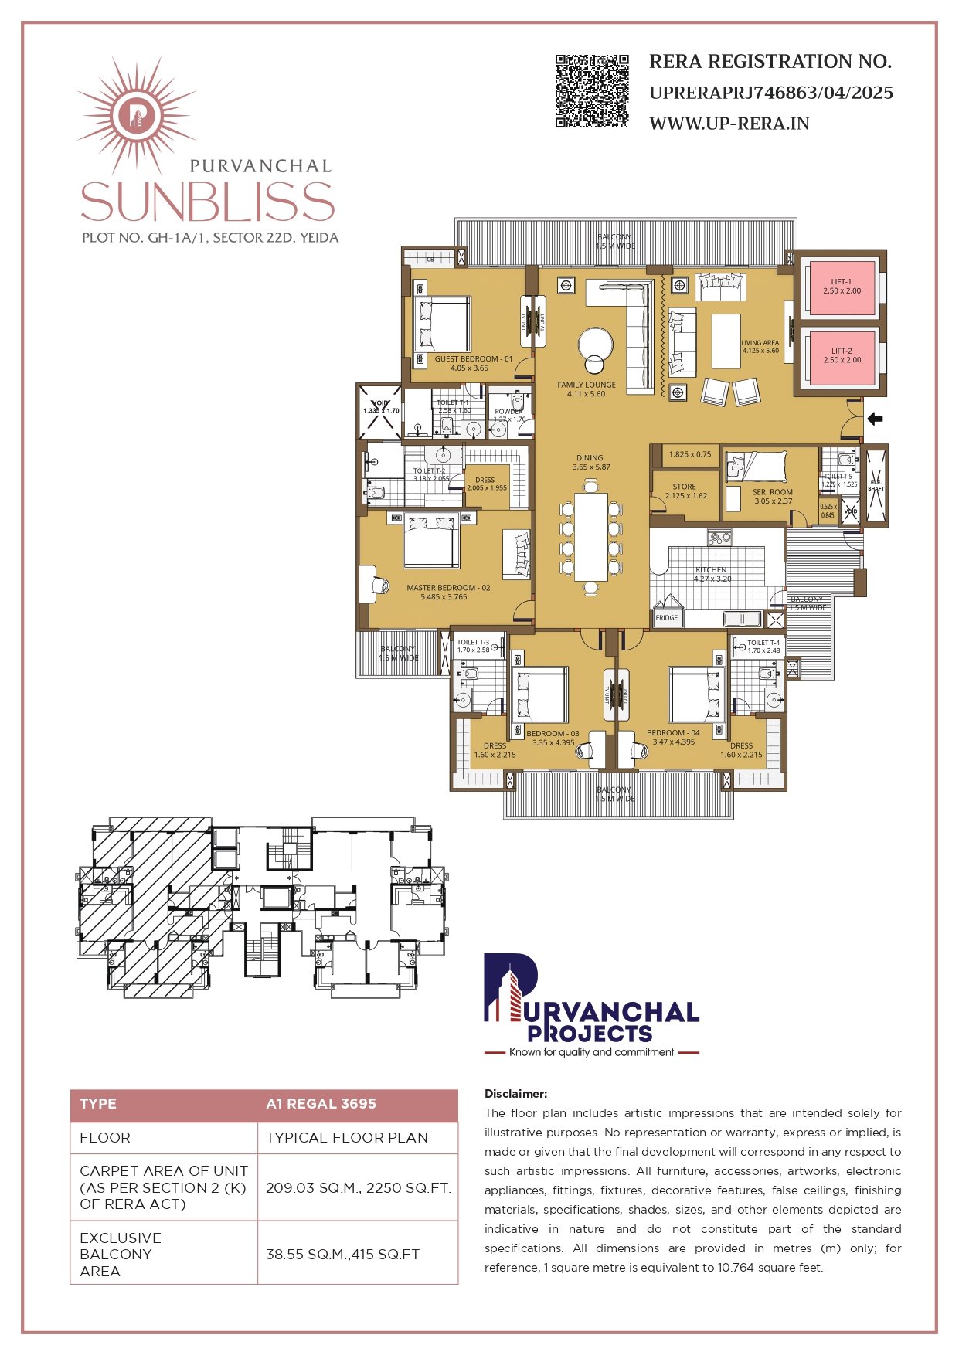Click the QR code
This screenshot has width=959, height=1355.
click(x=592, y=90)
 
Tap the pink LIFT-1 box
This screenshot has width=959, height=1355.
click(x=841, y=287)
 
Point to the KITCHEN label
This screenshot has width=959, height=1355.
click(x=711, y=570)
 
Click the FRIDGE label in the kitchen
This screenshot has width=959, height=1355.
click(x=666, y=618)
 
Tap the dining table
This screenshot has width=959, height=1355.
click(x=591, y=536)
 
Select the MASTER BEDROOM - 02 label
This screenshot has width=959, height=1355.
click(x=448, y=588)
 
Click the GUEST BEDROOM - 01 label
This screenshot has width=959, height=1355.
click(x=473, y=359)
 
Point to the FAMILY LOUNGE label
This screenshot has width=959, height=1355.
click(x=587, y=385)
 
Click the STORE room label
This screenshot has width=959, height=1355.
click(x=685, y=487)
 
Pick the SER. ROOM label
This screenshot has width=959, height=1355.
click(x=772, y=492)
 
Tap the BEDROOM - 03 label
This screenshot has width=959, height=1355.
click(x=553, y=734)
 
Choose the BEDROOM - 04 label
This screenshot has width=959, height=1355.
click(x=673, y=733)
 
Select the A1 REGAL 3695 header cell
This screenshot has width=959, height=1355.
click(x=321, y=1104)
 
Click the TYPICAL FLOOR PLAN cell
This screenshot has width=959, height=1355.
click(x=347, y=1138)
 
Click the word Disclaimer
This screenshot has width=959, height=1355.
click(x=515, y=1094)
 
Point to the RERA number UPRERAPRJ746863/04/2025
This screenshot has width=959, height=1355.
click(x=770, y=93)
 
